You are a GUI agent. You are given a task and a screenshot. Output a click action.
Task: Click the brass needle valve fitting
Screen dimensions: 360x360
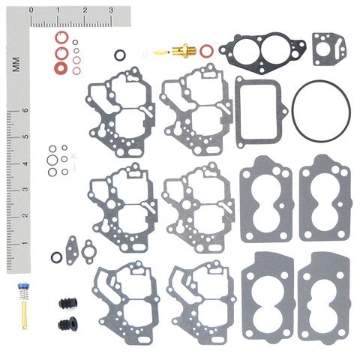[179, 51]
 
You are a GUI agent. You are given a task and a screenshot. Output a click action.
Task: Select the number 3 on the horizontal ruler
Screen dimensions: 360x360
[111, 10]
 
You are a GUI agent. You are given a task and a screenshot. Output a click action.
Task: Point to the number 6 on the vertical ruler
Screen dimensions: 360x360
[25, 109]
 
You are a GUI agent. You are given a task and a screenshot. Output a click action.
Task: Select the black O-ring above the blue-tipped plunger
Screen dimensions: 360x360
[56, 257]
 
